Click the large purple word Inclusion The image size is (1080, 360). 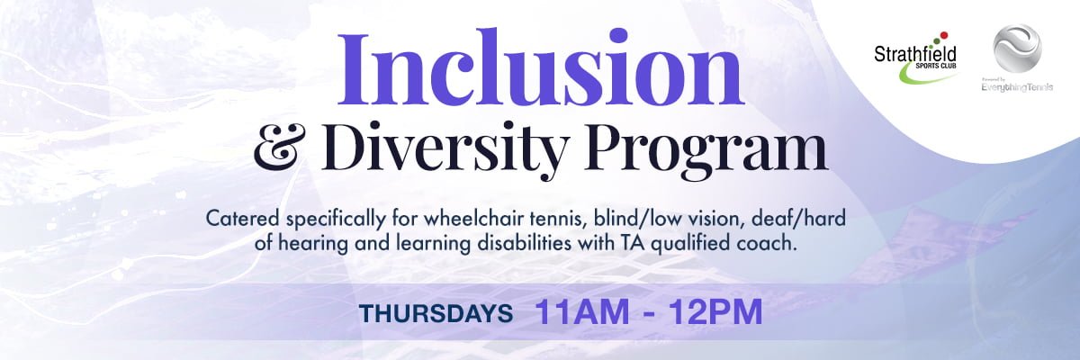tap(541, 67)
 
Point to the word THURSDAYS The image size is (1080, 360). tap(436, 314)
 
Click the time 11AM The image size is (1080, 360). tap(582, 311)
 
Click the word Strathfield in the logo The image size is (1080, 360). tap(915, 54)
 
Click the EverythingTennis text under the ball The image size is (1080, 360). tap(1017, 87)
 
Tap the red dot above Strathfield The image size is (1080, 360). tap(944, 35)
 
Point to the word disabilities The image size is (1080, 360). tap(521, 243)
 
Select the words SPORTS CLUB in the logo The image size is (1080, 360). tap(938, 66)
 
